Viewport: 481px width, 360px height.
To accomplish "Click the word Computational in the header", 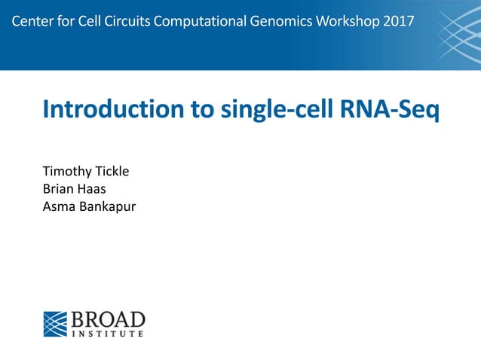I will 199,20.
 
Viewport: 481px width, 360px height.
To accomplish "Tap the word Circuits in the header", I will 129,20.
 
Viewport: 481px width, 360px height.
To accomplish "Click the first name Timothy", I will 66,172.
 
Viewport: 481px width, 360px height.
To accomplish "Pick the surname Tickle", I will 111,172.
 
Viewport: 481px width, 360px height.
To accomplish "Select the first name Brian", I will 57,188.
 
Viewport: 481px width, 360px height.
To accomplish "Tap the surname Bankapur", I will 106,206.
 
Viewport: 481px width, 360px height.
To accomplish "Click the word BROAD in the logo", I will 108,319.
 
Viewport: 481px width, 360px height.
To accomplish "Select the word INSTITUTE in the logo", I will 108,333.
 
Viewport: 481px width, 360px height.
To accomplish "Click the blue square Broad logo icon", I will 55,324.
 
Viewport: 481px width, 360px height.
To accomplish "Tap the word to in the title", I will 204,109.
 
